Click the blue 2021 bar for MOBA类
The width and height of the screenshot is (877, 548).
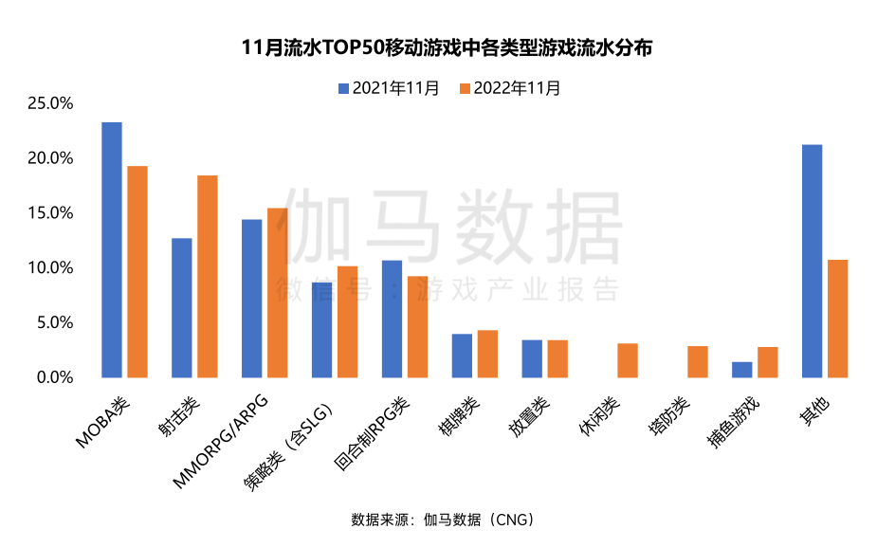pyautogui.click(x=112, y=249)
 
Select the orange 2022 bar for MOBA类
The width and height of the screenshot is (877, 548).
pyautogui.click(x=137, y=271)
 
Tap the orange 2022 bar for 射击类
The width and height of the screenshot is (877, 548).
pyautogui.click(x=207, y=276)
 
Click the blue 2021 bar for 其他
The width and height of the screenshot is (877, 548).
pyautogui.click(x=812, y=261)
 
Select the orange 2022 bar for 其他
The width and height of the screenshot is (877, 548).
pyautogui.click(x=837, y=318)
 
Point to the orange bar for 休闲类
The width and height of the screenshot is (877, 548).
pyautogui.click(x=628, y=360)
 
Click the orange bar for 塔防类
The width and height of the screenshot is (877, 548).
pyautogui.click(x=698, y=361)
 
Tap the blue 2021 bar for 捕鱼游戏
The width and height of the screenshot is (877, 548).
pyautogui.click(x=741, y=370)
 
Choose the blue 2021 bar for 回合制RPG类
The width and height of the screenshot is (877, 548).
pyautogui.click(x=392, y=319)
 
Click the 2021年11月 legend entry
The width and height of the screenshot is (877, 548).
pyautogui.click(x=389, y=88)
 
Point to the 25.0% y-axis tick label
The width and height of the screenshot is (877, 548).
pyautogui.click(x=50, y=102)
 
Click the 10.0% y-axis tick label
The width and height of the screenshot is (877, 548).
pyautogui.click(x=50, y=267)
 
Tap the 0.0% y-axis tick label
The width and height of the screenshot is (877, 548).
pyautogui.click(x=54, y=377)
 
